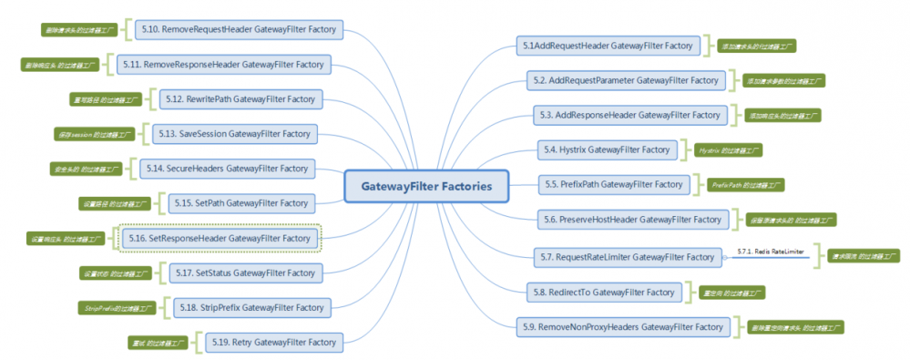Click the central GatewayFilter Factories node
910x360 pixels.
(x=426, y=186)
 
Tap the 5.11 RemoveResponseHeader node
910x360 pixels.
(x=224, y=65)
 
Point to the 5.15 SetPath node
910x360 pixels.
(x=244, y=202)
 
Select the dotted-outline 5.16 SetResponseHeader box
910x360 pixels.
(x=221, y=238)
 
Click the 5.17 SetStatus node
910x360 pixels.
(x=243, y=273)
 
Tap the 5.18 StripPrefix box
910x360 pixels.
(x=250, y=308)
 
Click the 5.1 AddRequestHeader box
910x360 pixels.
(x=607, y=45)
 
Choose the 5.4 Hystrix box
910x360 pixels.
(x=607, y=149)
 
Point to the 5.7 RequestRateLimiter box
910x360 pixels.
(x=628, y=257)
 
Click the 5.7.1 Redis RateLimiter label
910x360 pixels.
(x=771, y=251)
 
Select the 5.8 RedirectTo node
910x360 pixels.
(x=604, y=292)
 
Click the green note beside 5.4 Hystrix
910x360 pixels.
(x=728, y=149)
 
